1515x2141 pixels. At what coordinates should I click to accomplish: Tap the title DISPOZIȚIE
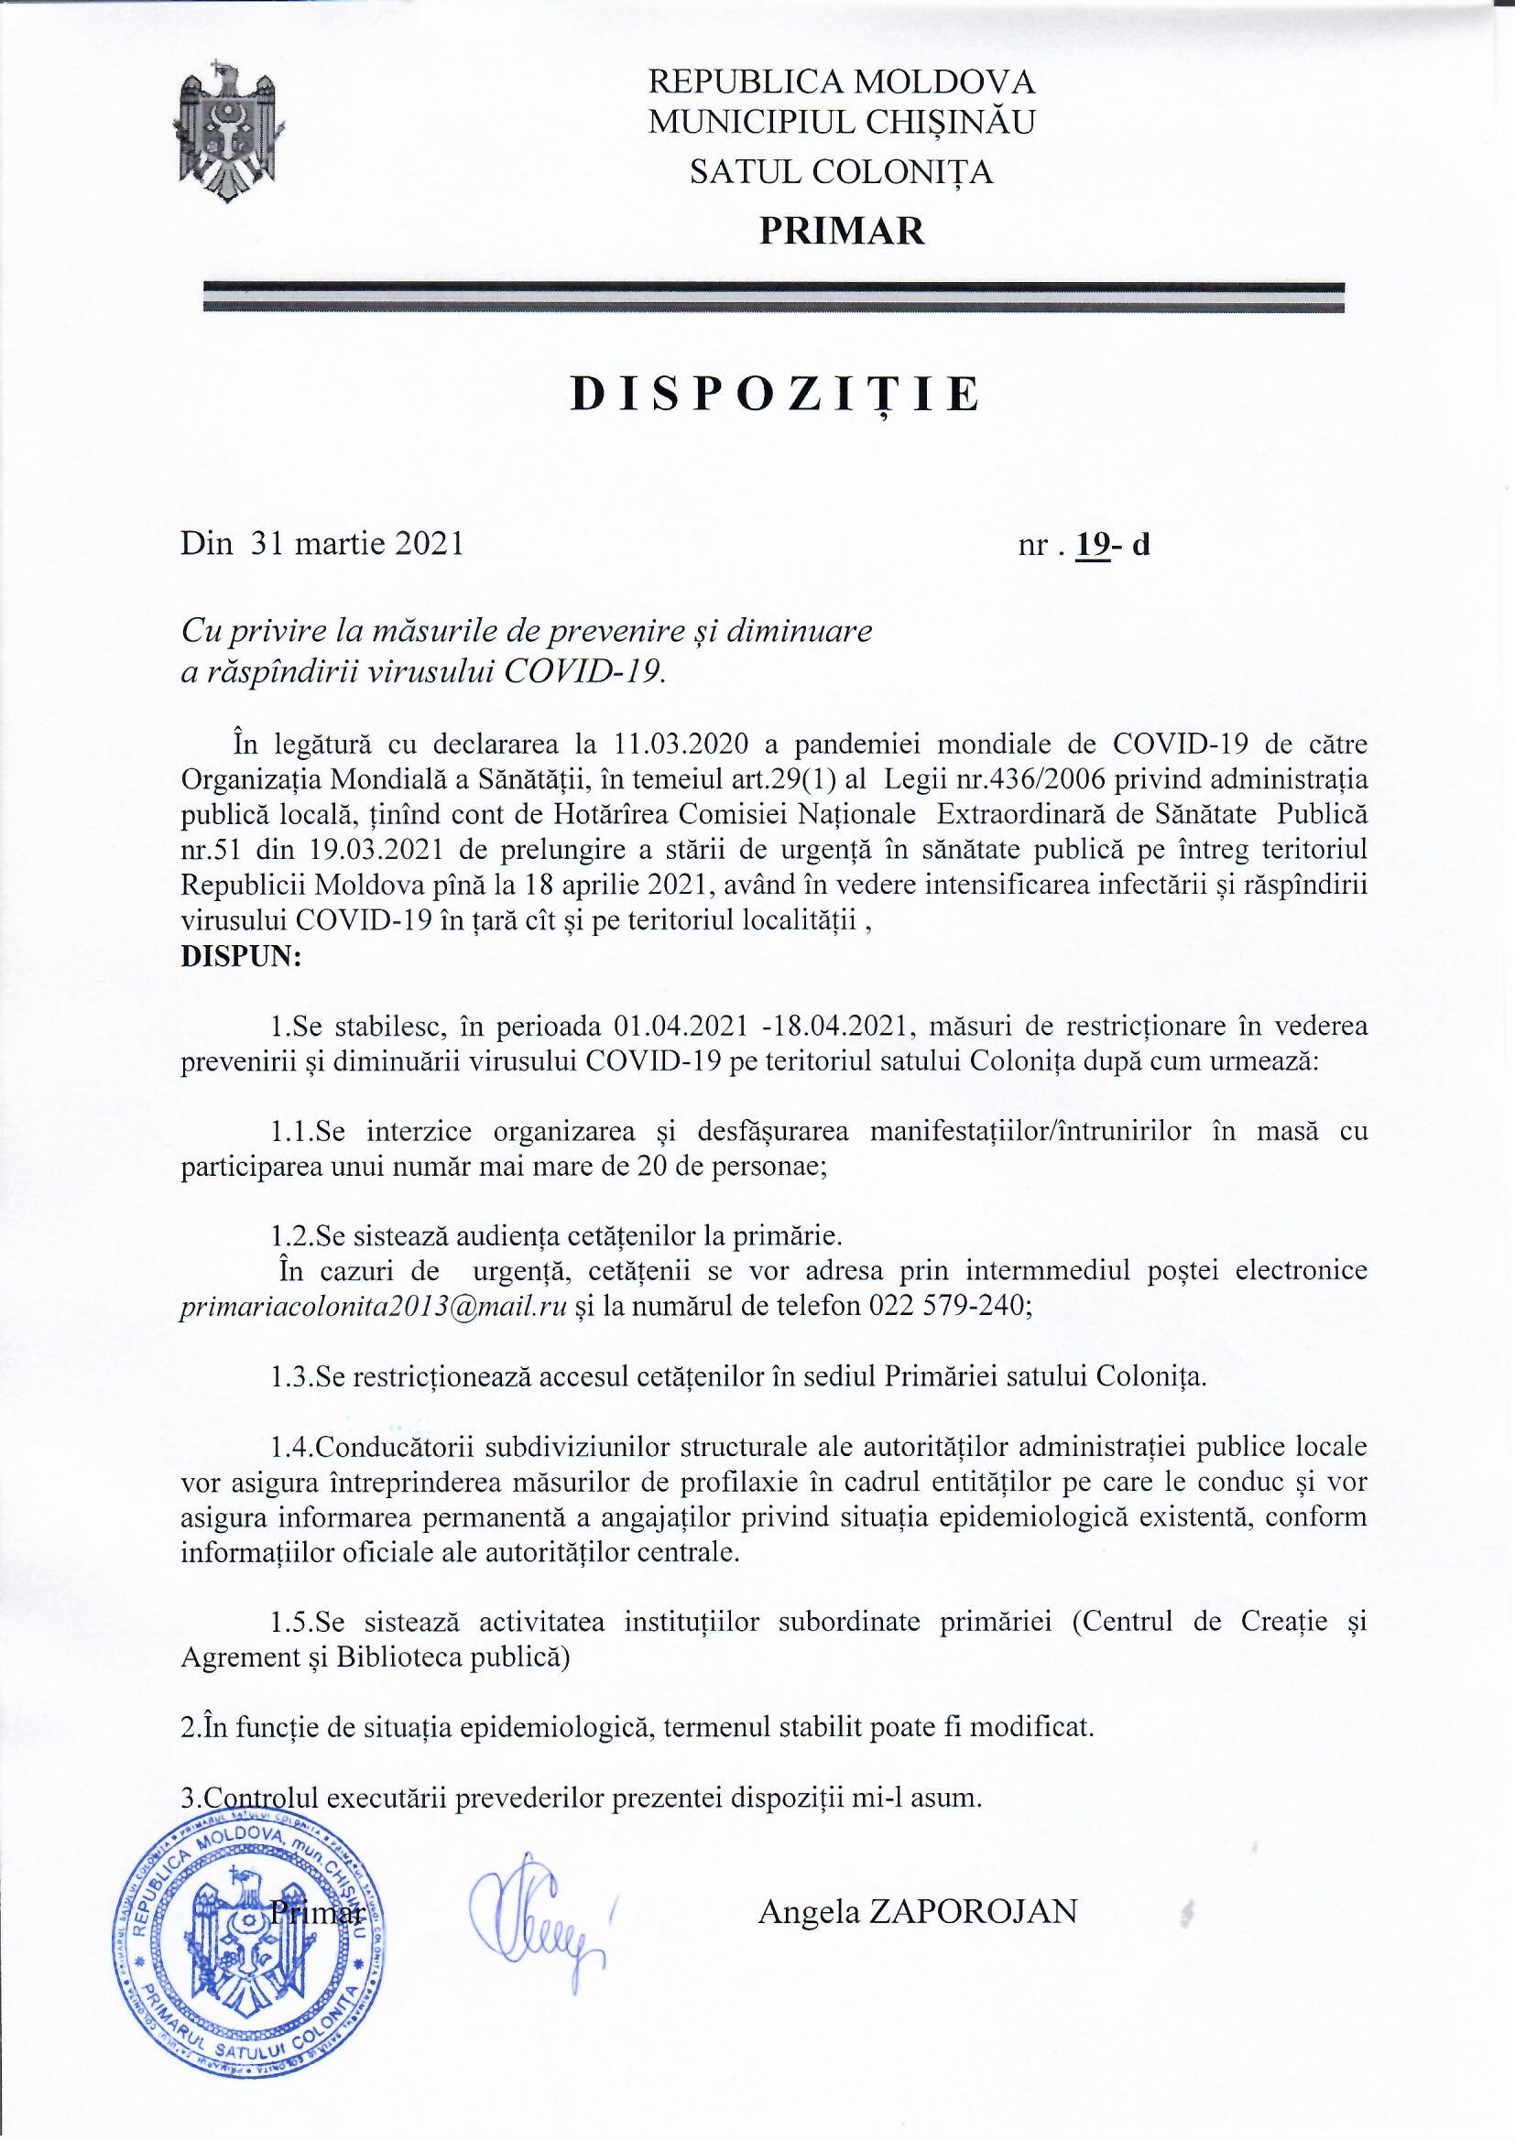775,396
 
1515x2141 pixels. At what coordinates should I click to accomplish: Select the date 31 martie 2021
357,543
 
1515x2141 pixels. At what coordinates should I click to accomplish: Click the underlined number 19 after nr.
1091,544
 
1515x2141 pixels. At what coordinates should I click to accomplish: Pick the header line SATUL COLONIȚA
841,172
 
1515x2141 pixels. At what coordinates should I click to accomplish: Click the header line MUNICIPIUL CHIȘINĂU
842,122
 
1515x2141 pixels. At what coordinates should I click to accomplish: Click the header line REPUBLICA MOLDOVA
842,82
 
